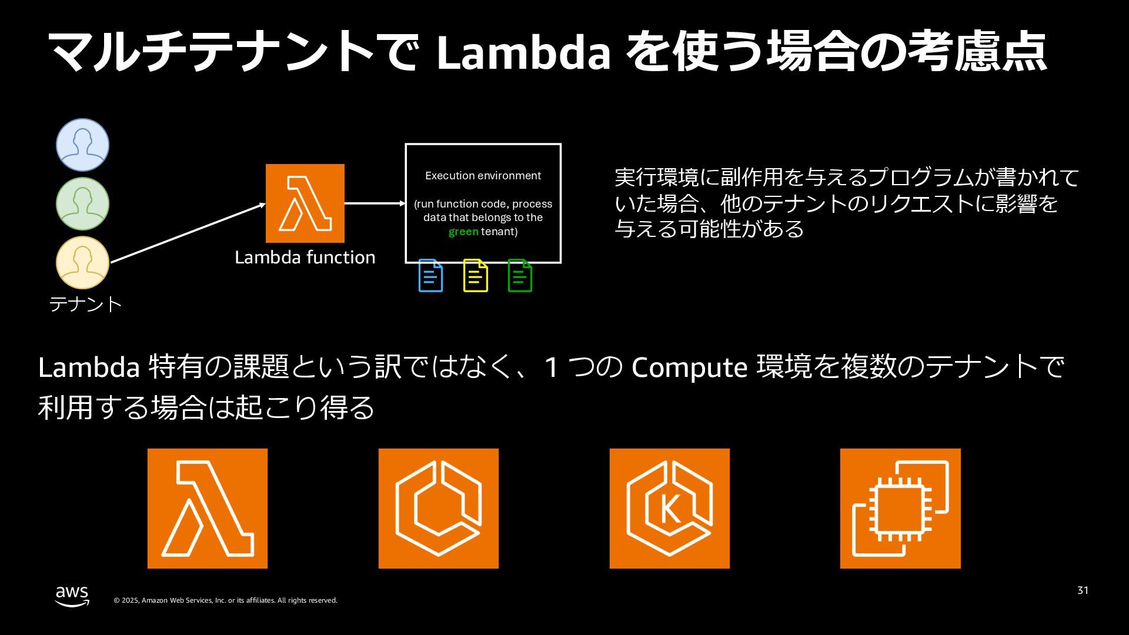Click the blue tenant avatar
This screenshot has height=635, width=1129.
[x=82, y=145]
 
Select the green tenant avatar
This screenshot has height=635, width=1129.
[x=82, y=203]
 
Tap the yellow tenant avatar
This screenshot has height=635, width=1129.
[x=82, y=262]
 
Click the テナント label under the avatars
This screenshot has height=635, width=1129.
[x=85, y=304]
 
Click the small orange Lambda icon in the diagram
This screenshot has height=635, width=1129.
[x=305, y=203]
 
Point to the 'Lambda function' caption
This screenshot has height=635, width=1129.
[x=305, y=258]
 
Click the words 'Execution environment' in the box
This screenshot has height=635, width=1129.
[x=483, y=176]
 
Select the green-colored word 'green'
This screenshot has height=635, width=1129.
[x=463, y=232]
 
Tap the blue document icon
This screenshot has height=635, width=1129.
[x=430, y=275]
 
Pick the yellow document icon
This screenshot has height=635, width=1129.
[x=475, y=275]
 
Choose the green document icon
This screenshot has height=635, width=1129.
[x=520, y=275]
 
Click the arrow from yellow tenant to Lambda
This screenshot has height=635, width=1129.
[x=188, y=233]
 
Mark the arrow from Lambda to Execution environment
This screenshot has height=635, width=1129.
[x=375, y=203]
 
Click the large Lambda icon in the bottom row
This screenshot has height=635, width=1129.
[x=207, y=509]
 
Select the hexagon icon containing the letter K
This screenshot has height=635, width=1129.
[x=669, y=509]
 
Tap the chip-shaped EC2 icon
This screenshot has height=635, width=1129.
[x=900, y=509]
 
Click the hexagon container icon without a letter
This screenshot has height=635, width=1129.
[x=438, y=509]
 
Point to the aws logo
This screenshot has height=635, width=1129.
[x=72, y=596]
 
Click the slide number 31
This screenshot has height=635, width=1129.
[x=1083, y=590]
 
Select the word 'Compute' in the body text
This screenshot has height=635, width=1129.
[x=689, y=367]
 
